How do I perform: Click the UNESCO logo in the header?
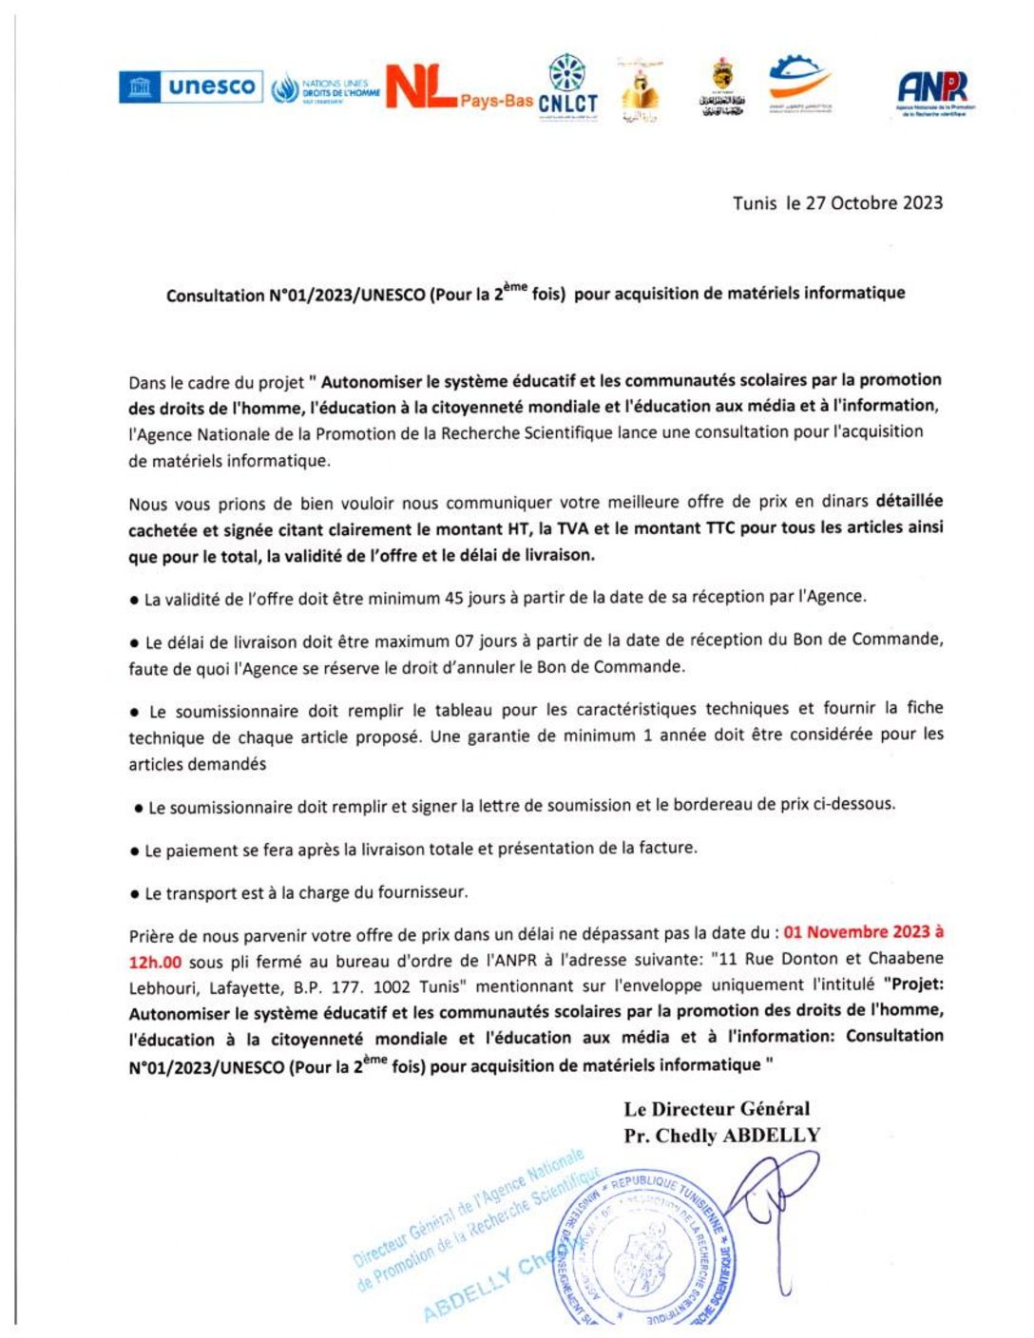point(189,87)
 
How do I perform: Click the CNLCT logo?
point(567,87)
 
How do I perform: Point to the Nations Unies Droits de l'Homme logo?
point(325,90)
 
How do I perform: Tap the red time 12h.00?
point(155,962)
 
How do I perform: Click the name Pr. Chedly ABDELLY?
point(721,1135)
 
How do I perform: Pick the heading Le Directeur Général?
point(717,1108)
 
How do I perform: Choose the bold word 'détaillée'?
point(909,501)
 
